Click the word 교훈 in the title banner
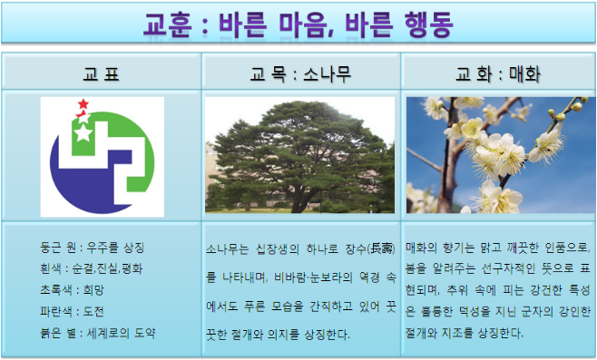point(167,24)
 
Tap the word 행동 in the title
point(428,24)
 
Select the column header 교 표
point(102,74)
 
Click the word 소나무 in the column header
point(327,74)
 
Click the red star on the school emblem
point(83,104)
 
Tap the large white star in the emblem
point(83,132)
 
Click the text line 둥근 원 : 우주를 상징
point(93,248)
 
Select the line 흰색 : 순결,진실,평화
point(92,268)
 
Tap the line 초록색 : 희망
point(72,290)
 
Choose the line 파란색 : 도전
point(72,311)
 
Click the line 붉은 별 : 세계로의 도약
point(98,333)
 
